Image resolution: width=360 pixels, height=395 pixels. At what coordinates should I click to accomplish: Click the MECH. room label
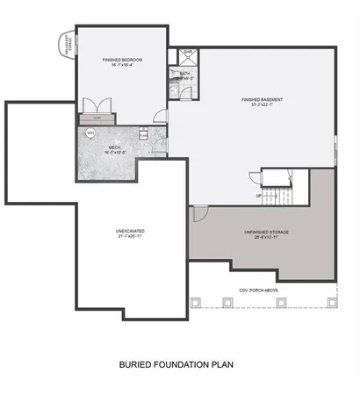(x=115, y=147)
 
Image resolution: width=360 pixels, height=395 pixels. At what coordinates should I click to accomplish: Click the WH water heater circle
(x=90, y=133)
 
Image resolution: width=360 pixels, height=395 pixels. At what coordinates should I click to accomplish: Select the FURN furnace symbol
(x=144, y=134)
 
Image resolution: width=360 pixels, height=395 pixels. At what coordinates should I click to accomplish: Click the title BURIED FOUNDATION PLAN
(x=176, y=362)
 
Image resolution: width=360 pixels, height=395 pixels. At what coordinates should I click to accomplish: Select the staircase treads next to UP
(x=279, y=193)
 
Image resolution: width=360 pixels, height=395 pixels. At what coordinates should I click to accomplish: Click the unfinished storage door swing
(x=199, y=212)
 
